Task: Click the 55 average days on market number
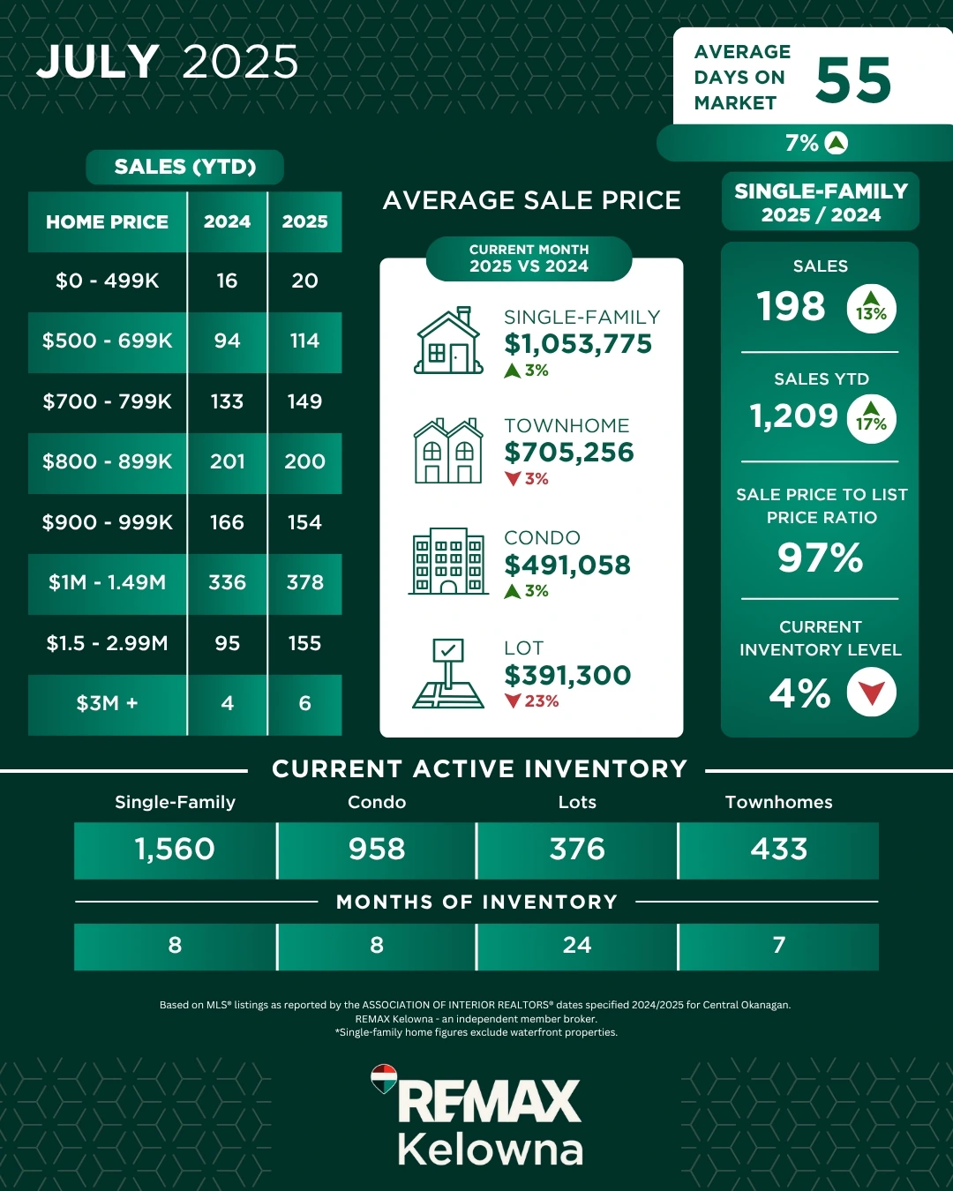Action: click(x=853, y=79)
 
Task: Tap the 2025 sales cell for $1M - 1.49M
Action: click(x=304, y=582)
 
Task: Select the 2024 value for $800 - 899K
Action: click(x=227, y=461)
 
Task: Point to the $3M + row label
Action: click(x=107, y=703)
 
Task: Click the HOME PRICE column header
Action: click(x=107, y=221)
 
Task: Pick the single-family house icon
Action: click(x=449, y=341)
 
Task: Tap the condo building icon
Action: click(x=448, y=561)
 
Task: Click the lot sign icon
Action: click(x=448, y=674)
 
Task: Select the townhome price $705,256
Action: click(x=569, y=453)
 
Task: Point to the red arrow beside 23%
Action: click(x=513, y=701)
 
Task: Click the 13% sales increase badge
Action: click(x=871, y=309)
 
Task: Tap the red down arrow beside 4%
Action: click(x=871, y=693)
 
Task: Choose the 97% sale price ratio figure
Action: click(x=820, y=558)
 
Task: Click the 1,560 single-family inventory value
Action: click(x=175, y=849)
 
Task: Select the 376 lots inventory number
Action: click(x=577, y=849)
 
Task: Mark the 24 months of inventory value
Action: click(x=577, y=945)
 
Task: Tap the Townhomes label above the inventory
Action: click(x=778, y=802)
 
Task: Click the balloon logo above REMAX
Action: click(x=384, y=1079)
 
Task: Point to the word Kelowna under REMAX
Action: click(x=490, y=1150)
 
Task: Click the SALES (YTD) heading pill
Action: click(x=185, y=167)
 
